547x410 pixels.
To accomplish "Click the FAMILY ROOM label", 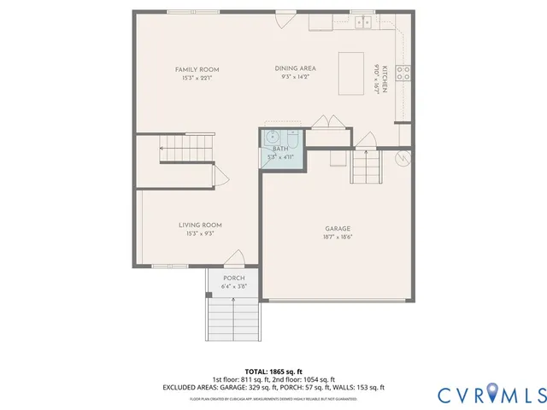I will [197, 69].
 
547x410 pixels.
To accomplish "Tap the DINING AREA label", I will [296, 68].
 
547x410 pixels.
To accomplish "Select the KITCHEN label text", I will [385, 79].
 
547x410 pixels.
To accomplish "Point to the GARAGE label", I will [338, 229].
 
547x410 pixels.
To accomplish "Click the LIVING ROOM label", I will [200, 225].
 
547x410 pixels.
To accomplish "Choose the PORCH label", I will [233, 278].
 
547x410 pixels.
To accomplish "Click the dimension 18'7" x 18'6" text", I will [338, 237].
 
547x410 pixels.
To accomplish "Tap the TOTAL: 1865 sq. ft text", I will [273, 372].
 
